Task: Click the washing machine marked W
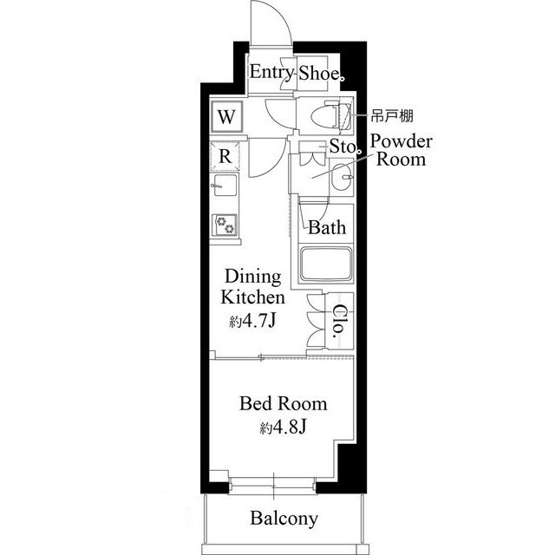point(226,116)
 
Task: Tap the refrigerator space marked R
point(225,156)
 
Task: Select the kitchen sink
point(225,185)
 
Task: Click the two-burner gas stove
point(225,225)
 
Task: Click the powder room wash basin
point(342,177)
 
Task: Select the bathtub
point(326,264)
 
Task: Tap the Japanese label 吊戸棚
point(392,115)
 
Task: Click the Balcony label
point(284,519)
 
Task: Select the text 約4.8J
point(283,428)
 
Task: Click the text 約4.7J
point(252,321)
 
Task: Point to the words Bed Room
point(284,404)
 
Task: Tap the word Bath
point(327,227)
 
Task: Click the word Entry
point(271,73)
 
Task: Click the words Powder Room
point(401,150)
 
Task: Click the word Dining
point(253,277)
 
